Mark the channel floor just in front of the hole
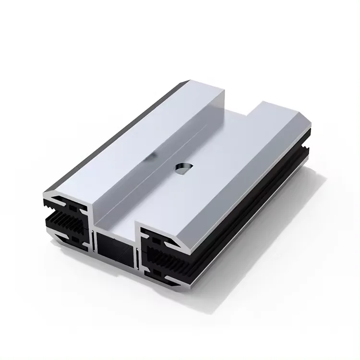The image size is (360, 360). pyautogui.click(x=158, y=192)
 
